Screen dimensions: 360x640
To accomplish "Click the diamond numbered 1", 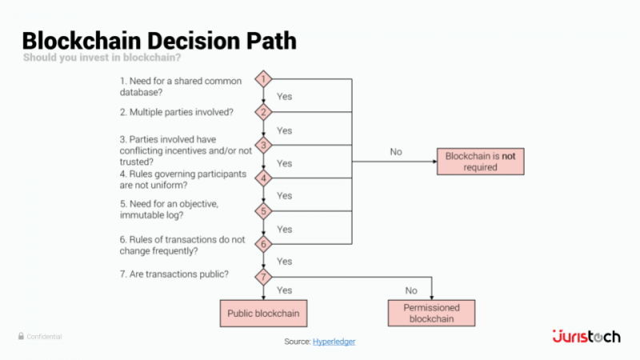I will point(264,79).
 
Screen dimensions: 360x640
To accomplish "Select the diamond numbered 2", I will point(264,112).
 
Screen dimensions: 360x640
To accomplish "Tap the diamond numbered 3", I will point(264,145).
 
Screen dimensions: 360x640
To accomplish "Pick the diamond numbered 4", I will point(264,178).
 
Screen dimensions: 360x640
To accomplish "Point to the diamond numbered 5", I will point(264,211).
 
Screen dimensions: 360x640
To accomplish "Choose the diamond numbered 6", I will point(264,244).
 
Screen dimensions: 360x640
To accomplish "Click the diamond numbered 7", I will point(264,277).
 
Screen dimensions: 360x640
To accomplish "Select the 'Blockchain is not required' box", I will point(480,162).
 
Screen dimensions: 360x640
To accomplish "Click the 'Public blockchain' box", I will point(263,314).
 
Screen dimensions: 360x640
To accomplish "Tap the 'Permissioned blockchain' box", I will point(431,313).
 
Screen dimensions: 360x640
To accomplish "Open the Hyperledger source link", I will point(334,342).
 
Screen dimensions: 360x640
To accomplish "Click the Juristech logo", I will point(586,337).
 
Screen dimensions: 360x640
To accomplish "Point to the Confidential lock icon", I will point(21,337).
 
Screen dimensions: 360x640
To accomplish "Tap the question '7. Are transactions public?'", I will point(174,274).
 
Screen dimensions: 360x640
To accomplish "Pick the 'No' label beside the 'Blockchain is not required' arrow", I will point(396,151).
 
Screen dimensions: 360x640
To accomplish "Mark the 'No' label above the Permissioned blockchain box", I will point(411,291).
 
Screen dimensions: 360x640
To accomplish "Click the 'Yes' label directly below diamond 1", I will point(284,96).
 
